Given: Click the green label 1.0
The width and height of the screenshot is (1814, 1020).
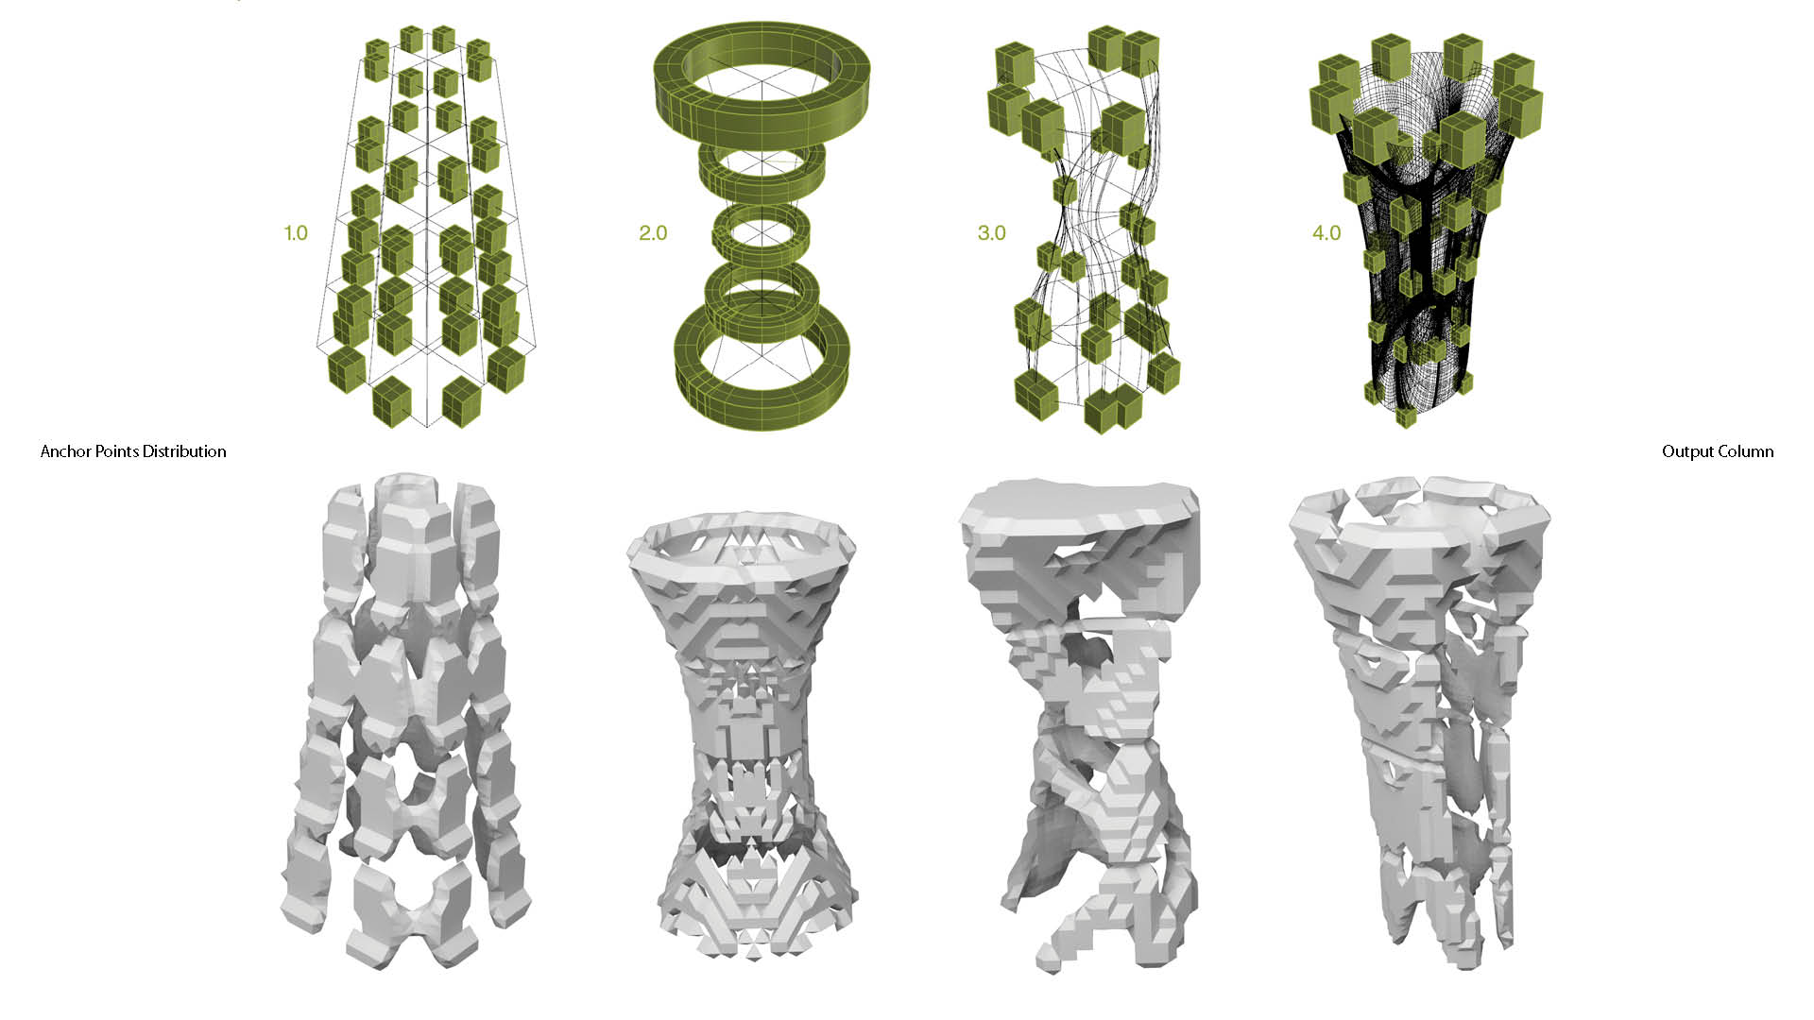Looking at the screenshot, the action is click(x=296, y=232).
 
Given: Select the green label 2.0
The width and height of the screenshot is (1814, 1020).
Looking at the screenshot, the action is click(x=653, y=232).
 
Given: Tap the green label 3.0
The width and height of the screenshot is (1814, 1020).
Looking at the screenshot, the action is click(x=992, y=232).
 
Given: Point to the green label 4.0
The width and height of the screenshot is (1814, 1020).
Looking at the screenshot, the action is click(x=1326, y=232).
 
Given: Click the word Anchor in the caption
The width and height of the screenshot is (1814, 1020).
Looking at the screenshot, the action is click(x=66, y=451).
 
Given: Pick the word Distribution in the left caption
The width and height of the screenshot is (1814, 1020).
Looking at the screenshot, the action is click(x=181, y=451).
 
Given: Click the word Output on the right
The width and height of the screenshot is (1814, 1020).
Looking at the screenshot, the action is click(x=1687, y=452).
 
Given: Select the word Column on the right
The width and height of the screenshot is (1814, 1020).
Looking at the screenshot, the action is click(x=1746, y=451).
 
